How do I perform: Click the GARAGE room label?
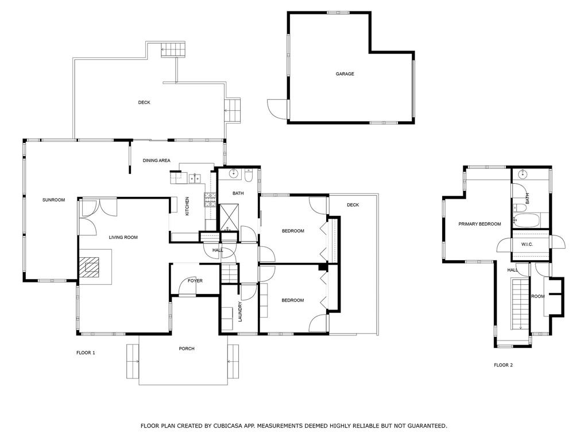click(345, 74)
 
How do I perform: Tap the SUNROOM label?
click(53, 200)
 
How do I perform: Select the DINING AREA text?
click(156, 161)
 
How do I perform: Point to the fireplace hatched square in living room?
click(89, 267)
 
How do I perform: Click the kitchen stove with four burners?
click(210, 200)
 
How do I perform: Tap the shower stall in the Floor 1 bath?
click(229, 216)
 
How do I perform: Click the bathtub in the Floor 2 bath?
click(526, 220)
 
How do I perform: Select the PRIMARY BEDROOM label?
click(479, 224)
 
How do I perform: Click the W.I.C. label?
click(527, 245)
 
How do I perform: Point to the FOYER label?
click(195, 280)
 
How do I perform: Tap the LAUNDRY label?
click(241, 312)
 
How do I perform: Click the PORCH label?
click(187, 349)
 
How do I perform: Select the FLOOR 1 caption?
click(86, 353)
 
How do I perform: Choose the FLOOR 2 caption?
click(503, 365)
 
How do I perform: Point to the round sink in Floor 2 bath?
click(523, 175)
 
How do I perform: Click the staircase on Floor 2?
click(520, 304)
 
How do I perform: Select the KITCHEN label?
click(187, 206)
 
